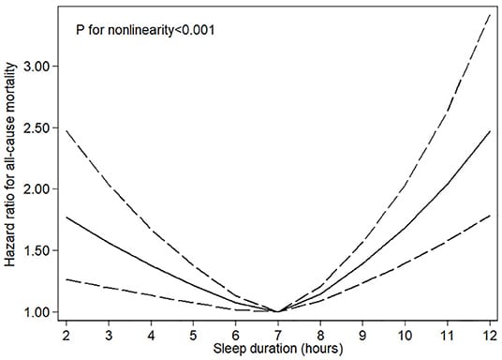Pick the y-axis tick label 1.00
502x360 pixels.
point(40,312)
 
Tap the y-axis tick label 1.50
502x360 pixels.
point(40,250)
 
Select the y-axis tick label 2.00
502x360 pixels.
point(40,189)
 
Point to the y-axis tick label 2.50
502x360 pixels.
point(40,127)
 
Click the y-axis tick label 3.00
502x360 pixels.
point(40,67)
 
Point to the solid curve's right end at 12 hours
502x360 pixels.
point(487,131)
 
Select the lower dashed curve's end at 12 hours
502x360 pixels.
point(487,216)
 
